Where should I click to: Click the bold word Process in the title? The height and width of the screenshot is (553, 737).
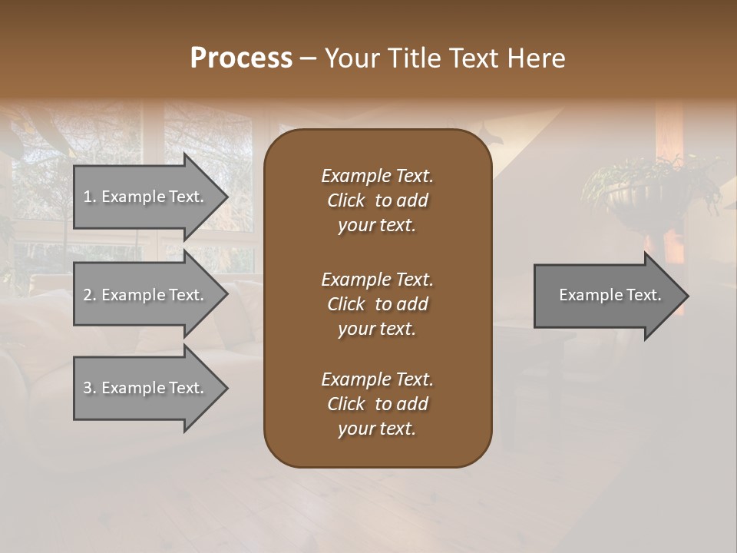[x=241, y=58]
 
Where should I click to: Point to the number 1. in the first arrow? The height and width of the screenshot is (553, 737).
[x=90, y=197]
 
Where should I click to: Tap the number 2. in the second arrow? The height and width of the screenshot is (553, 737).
[x=90, y=295]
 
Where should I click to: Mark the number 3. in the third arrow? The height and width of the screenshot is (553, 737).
[x=90, y=388]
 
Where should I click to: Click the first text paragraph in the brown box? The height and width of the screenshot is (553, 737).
[x=377, y=200]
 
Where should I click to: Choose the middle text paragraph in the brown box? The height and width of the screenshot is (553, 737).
[x=377, y=304]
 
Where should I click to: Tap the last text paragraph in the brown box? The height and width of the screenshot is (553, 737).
[x=377, y=404]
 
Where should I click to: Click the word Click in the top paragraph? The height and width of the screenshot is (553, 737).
[x=345, y=200]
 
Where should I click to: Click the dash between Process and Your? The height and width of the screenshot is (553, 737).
[x=308, y=58]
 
